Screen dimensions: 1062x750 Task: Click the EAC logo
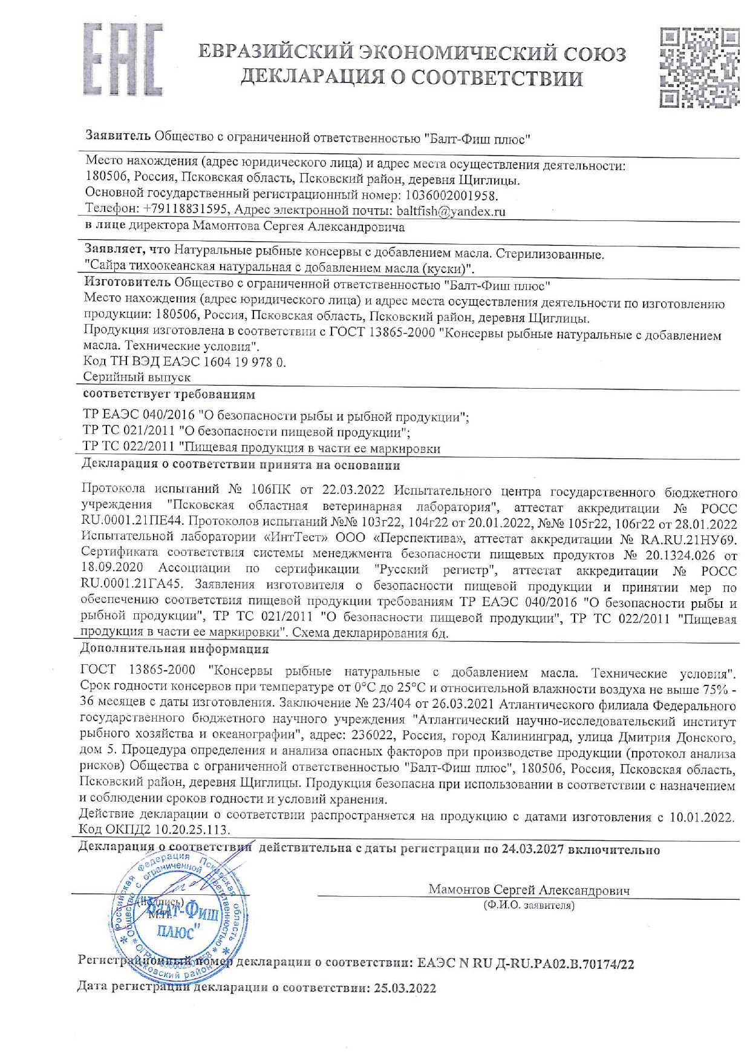coord(122,61)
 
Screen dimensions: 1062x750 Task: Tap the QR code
coord(699,68)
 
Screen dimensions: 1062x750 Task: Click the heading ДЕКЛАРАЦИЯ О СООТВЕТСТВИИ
coord(412,79)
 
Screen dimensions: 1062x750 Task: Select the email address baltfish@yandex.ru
coord(451,211)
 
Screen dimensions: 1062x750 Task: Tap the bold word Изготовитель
coord(127,283)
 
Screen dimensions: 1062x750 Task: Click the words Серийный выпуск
coord(137,377)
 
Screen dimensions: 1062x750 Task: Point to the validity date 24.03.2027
coord(532,849)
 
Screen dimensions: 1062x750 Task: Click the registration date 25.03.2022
coord(405,988)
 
